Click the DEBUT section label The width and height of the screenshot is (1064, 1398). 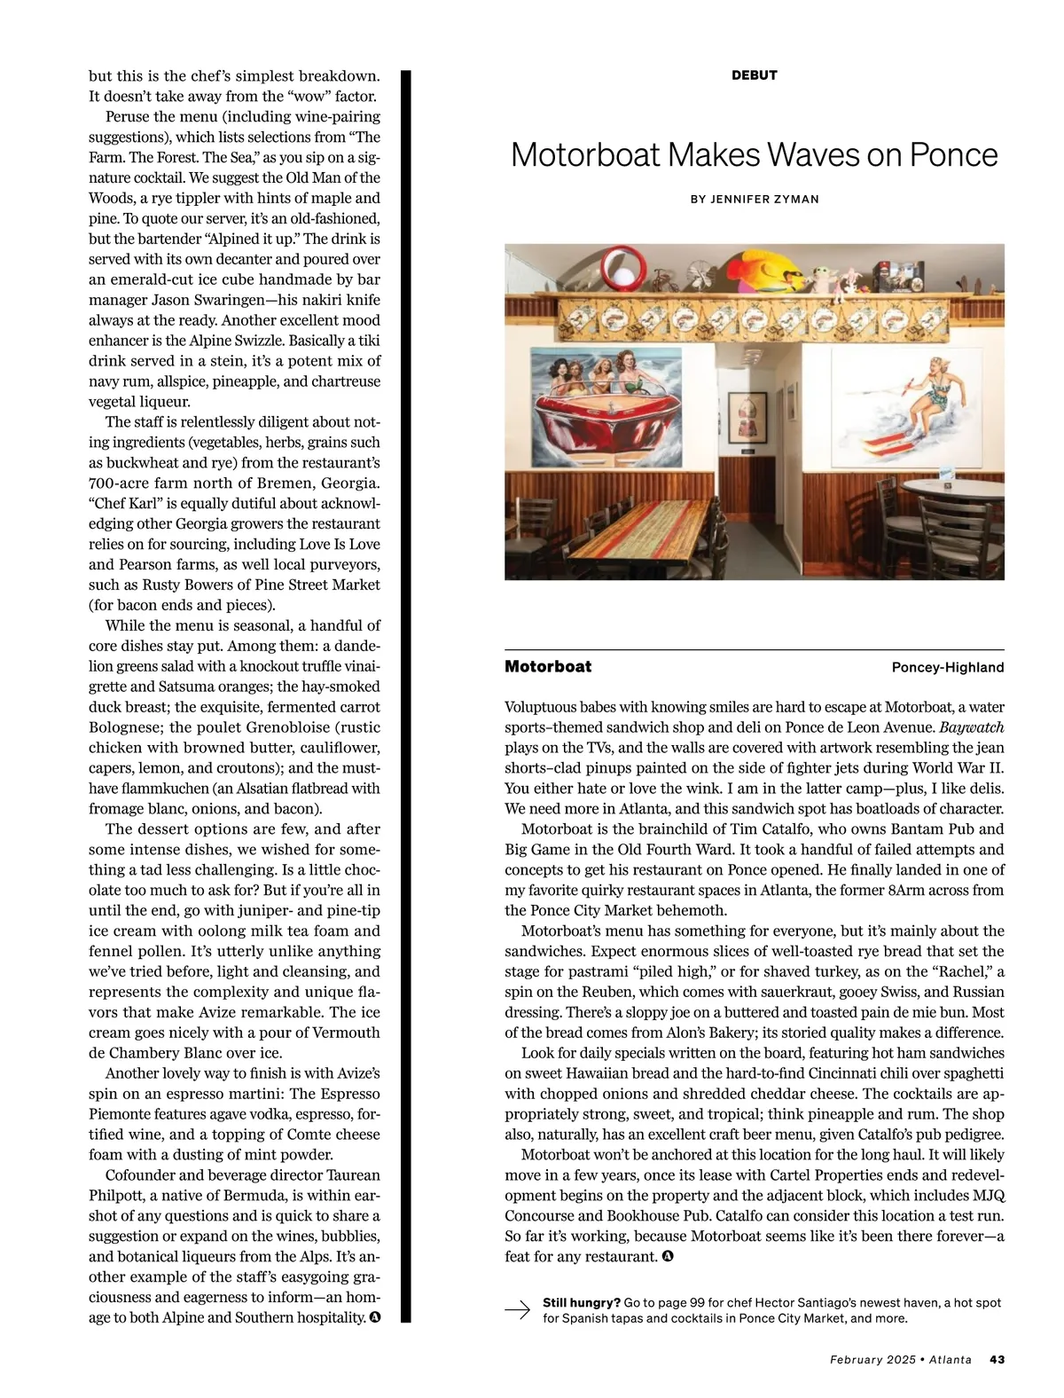[x=754, y=75]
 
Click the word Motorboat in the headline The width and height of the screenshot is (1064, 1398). [x=585, y=155]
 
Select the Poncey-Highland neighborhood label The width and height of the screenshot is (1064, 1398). [x=947, y=667]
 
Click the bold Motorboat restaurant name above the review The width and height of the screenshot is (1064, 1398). [x=548, y=667]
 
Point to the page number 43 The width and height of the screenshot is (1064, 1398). [x=997, y=1359]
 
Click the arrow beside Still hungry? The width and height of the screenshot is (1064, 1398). [x=518, y=1309]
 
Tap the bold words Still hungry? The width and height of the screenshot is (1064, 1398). [x=581, y=1303]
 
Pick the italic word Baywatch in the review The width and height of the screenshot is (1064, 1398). [x=972, y=727]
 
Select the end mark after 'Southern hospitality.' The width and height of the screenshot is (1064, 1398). [x=375, y=1317]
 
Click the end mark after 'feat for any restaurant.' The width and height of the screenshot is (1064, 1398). [x=667, y=1256]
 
